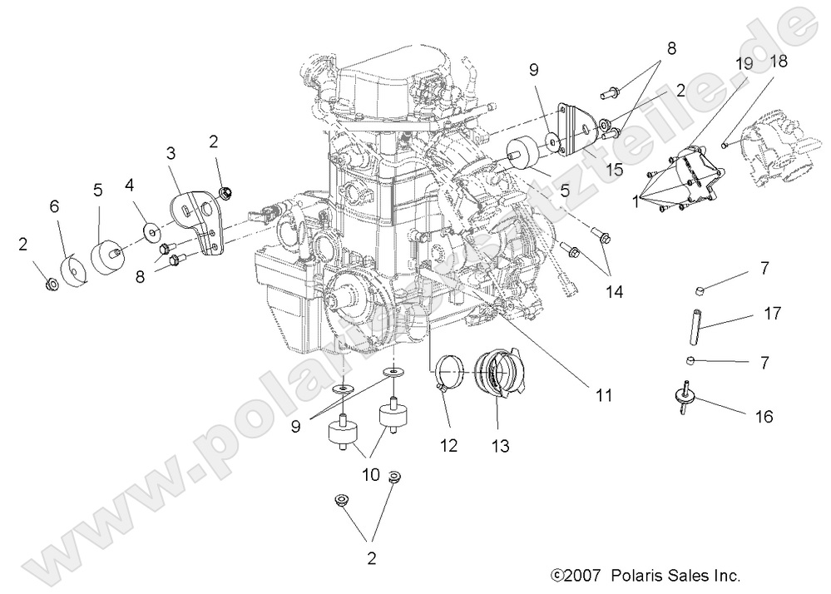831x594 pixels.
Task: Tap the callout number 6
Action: [54, 205]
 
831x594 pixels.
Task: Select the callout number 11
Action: [603, 396]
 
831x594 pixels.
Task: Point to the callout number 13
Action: [501, 446]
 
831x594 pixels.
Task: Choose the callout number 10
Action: [370, 474]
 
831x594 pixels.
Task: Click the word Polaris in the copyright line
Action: [633, 575]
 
